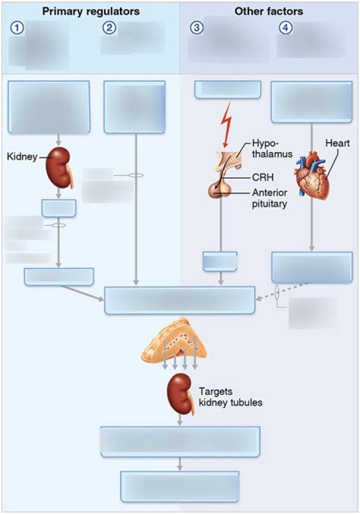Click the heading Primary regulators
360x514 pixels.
click(x=90, y=11)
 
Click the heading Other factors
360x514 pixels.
click(x=268, y=11)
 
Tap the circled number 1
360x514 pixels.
click(x=17, y=29)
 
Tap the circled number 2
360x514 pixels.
click(x=108, y=29)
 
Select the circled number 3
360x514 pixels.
click(x=196, y=29)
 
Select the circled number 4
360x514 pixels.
click(x=285, y=29)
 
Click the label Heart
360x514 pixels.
click(x=337, y=143)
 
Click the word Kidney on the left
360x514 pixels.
click(x=22, y=157)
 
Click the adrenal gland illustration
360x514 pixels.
click(x=174, y=342)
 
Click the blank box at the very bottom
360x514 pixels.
click(x=180, y=486)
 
